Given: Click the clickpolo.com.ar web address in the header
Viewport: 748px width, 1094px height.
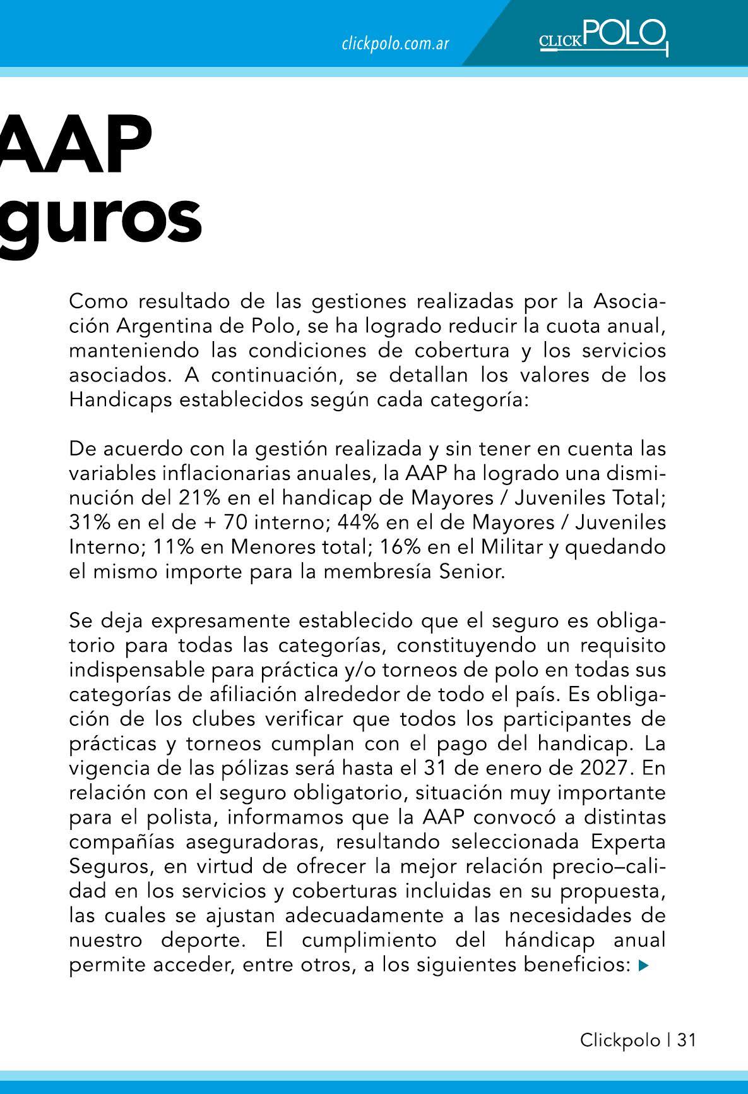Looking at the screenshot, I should click(395, 44).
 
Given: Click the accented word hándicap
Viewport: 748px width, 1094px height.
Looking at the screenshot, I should click(549, 941).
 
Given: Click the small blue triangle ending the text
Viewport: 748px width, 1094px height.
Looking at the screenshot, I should click(643, 965).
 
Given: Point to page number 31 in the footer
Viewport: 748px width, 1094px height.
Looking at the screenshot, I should click(686, 1040).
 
